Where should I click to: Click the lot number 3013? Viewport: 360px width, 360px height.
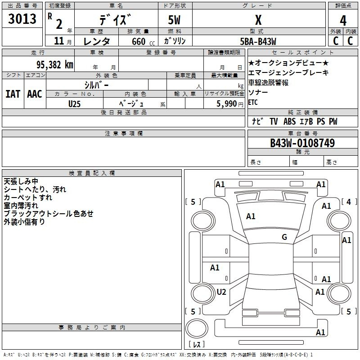[x=22, y=18]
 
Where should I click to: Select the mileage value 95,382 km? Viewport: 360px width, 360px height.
[x=55, y=65]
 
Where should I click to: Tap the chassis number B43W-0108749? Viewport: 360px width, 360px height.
[x=302, y=143]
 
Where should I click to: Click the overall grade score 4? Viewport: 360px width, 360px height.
[x=343, y=21]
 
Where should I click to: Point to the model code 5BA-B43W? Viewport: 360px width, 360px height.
[x=258, y=41]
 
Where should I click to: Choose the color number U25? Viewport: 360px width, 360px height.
[x=74, y=104]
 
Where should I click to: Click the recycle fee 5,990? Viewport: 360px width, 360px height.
[x=226, y=103]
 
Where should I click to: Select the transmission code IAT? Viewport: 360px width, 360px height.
[x=13, y=94]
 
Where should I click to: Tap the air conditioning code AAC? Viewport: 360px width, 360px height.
[x=35, y=94]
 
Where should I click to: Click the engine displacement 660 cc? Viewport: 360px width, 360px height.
[x=143, y=41]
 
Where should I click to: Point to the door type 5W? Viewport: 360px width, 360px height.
[x=174, y=20]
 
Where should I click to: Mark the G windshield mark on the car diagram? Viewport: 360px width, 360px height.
[x=284, y=237]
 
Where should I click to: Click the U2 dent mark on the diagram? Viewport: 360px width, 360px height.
[x=221, y=292]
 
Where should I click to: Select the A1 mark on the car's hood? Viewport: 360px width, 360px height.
[x=251, y=216]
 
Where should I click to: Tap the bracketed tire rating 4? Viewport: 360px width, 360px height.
[x=349, y=202]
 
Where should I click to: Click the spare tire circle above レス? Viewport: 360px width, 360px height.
[x=197, y=328]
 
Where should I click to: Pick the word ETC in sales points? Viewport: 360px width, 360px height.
[x=253, y=102]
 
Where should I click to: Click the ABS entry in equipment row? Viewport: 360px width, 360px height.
[x=289, y=121]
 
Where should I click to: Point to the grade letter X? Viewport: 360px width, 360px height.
[x=258, y=20]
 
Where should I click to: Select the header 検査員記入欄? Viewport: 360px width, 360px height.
[x=92, y=173]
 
